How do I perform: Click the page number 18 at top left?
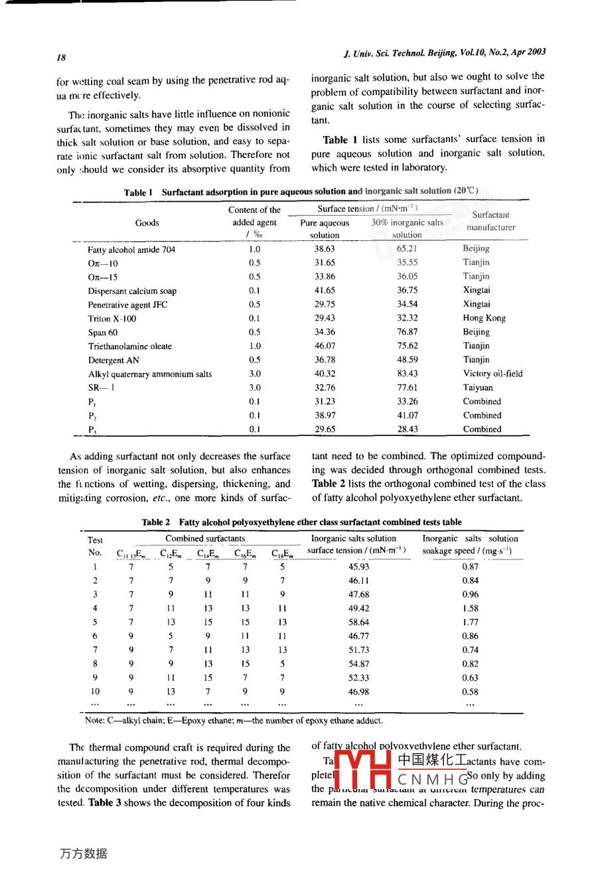[x=61, y=58]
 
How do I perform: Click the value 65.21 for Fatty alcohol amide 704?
[x=407, y=249]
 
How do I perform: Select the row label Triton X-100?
[x=112, y=319]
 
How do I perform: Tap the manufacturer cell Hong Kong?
[x=484, y=318]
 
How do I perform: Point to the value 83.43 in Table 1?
[x=407, y=374]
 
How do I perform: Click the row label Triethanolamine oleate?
[x=130, y=346]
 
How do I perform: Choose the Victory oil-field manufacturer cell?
[x=492, y=374]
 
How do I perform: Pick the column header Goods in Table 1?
[x=147, y=223]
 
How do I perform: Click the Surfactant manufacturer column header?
[x=490, y=221]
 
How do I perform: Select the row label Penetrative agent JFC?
[x=127, y=305]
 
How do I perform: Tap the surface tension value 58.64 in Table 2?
[x=358, y=622]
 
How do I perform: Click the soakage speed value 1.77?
[x=470, y=622]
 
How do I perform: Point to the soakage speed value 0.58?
[x=470, y=692]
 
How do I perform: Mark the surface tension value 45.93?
[x=358, y=567]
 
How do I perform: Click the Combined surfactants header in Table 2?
[x=205, y=539]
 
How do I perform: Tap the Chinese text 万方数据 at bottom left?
[x=84, y=853]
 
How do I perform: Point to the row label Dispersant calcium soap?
[x=132, y=291]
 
